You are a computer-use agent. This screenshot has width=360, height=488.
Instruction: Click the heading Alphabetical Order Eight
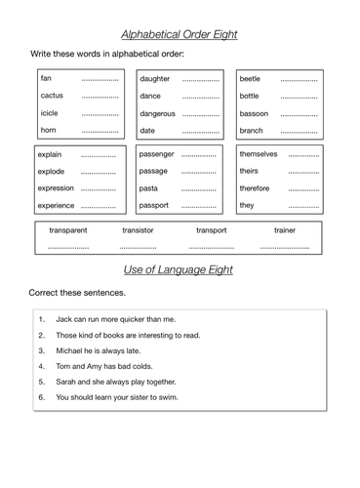point(180,34)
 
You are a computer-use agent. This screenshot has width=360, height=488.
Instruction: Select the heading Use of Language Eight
point(180,269)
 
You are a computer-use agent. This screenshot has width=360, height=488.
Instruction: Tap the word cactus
point(52,96)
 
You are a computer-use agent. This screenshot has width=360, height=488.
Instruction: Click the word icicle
point(50,113)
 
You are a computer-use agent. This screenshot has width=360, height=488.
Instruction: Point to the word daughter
point(155,78)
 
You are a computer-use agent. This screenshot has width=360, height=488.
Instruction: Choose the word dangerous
point(158,113)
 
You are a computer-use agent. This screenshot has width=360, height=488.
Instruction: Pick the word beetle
point(251,78)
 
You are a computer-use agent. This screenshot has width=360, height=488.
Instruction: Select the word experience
point(58,206)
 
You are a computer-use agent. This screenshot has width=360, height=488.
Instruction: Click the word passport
point(155,206)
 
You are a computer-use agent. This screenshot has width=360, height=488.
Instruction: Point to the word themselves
point(259,153)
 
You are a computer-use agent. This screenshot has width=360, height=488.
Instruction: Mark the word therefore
point(257,188)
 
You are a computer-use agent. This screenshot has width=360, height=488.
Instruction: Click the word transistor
point(138,230)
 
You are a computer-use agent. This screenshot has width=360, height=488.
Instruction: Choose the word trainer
point(285,230)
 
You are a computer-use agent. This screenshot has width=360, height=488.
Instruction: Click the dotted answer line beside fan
point(100,79)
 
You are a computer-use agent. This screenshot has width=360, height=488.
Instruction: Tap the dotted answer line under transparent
point(67,248)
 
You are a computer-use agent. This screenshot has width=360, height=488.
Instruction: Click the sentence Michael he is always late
point(98,350)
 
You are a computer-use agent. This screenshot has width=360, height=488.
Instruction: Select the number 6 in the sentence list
point(42,397)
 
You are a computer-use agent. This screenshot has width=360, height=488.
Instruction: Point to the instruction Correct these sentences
point(77,292)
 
